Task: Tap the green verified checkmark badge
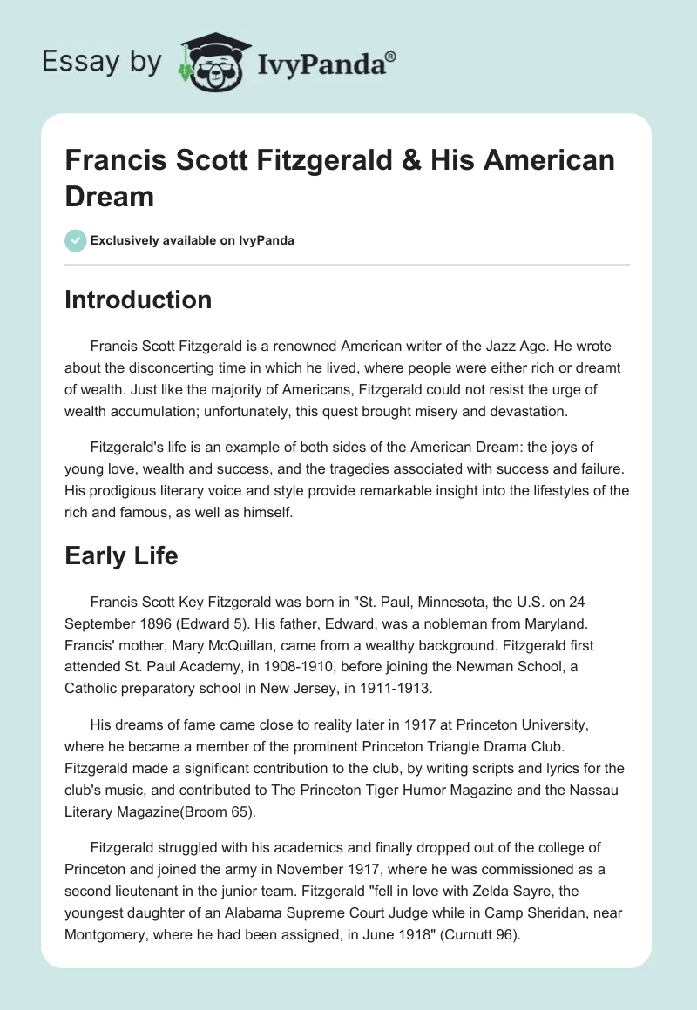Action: coord(77,240)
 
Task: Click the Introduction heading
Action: coord(138,300)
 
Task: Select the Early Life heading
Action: coord(121,555)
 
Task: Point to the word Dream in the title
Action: coord(110,196)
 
